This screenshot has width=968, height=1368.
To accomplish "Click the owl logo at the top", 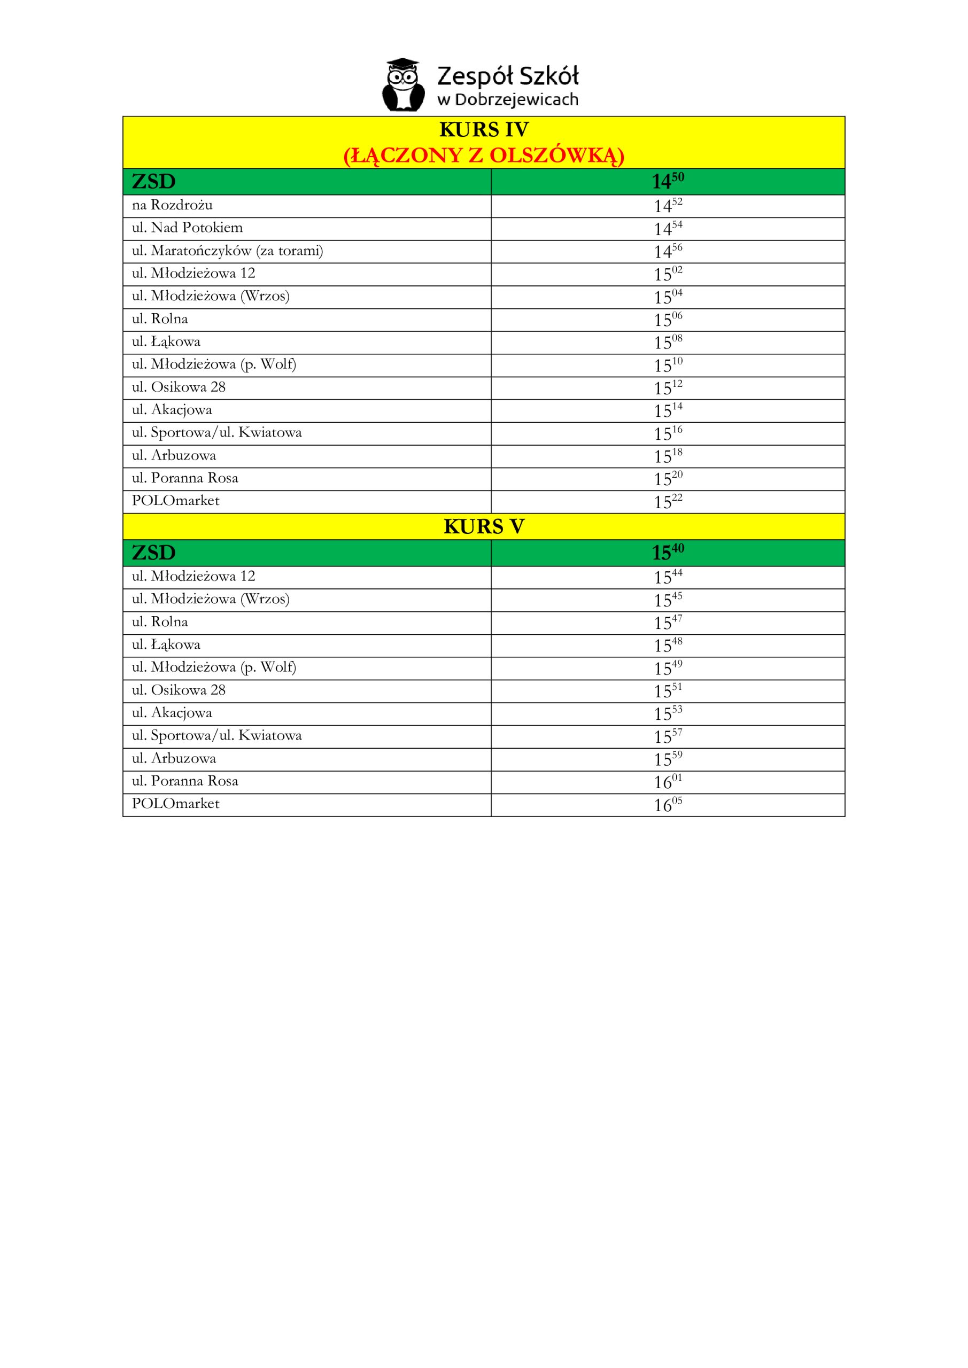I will coord(404,85).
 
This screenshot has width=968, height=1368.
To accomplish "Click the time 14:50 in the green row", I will coord(668,181).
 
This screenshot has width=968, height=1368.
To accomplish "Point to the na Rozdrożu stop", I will coord(172,205).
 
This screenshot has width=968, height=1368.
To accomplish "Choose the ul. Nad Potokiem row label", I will coord(187,228).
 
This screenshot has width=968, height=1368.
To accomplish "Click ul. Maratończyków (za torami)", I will coord(227,251).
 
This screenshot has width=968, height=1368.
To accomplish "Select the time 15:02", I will coord(668,274).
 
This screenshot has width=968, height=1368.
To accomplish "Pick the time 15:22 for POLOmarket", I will coord(668,502).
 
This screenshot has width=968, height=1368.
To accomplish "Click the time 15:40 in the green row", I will coord(668,553).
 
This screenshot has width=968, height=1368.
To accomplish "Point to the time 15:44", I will coord(668,577).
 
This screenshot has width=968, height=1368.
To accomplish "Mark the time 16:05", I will coord(668,804).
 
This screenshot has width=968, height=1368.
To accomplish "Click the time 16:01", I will coord(668,782).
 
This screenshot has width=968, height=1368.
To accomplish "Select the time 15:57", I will coord(668,736).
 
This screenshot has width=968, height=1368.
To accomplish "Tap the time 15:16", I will coord(668,433).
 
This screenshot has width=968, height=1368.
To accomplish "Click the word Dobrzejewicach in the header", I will coord(516,99).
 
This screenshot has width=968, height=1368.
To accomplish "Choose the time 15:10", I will coord(668,365).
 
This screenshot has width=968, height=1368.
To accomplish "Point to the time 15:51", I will coord(668,690).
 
